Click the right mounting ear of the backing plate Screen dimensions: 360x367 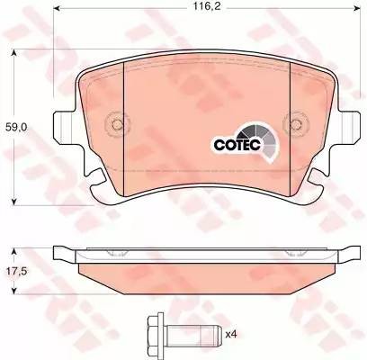point(343,128)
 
